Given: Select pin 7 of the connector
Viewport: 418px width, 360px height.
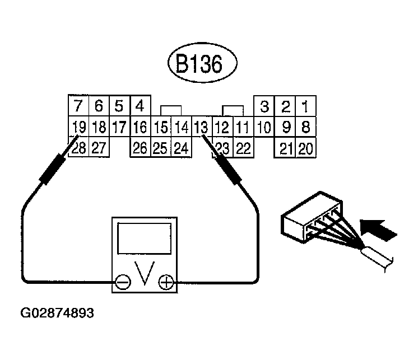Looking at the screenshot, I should (x=78, y=106).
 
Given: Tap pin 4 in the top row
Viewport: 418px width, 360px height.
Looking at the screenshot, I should (x=140, y=106).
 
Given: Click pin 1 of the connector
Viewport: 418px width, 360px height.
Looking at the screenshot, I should (x=305, y=106).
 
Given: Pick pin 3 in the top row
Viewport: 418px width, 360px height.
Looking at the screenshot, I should (x=265, y=106).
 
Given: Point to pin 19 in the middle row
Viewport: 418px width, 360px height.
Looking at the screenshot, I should (x=78, y=127).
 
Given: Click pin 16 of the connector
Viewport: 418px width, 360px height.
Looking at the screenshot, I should (x=140, y=127).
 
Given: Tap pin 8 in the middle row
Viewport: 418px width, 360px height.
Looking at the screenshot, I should (x=305, y=127).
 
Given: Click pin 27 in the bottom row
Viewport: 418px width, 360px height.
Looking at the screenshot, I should (x=98, y=148).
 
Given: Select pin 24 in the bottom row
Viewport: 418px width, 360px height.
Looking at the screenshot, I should (x=180, y=148).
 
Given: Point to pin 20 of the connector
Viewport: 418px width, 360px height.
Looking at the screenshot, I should (x=305, y=148).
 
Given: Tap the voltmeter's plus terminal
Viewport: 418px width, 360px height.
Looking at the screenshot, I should (x=165, y=283).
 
